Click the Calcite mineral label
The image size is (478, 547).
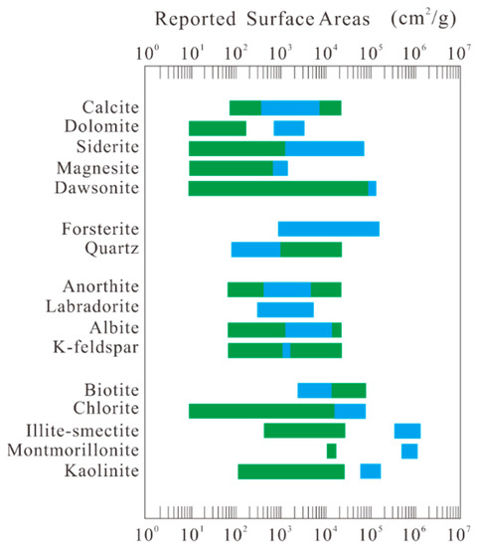(x=110, y=108)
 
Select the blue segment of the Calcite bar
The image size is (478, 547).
(x=290, y=108)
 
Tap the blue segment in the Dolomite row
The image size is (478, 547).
(x=289, y=128)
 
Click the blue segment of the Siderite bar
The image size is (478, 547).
(x=325, y=148)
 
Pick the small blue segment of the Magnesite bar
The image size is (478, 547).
(x=280, y=168)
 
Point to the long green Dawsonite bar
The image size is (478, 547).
(x=278, y=188)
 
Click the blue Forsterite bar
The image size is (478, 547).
(x=328, y=229)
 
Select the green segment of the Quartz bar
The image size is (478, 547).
(x=310, y=249)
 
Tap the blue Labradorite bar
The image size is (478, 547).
(x=285, y=309)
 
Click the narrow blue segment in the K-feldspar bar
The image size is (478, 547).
(x=286, y=350)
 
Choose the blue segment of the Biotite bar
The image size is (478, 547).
(x=315, y=390)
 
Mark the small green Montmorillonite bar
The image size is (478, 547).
(x=332, y=451)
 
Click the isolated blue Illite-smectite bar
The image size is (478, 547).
(x=407, y=431)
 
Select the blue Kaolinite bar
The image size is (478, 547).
(x=371, y=471)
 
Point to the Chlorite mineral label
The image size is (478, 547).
(x=110, y=411)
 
